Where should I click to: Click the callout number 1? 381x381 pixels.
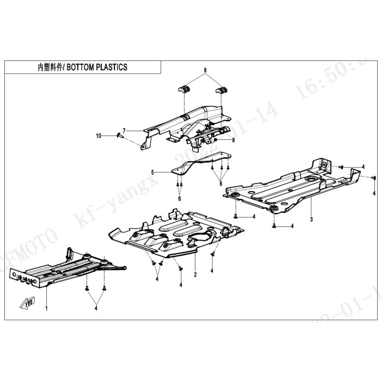click(46, 309)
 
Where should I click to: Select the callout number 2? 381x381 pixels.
click(194, 275)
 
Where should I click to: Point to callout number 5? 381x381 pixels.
click(153, 171)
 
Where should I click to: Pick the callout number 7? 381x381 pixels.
click(124, 131)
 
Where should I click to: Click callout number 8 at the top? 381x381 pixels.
click(205, 71)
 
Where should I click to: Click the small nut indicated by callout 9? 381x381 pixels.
click(216, 140)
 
